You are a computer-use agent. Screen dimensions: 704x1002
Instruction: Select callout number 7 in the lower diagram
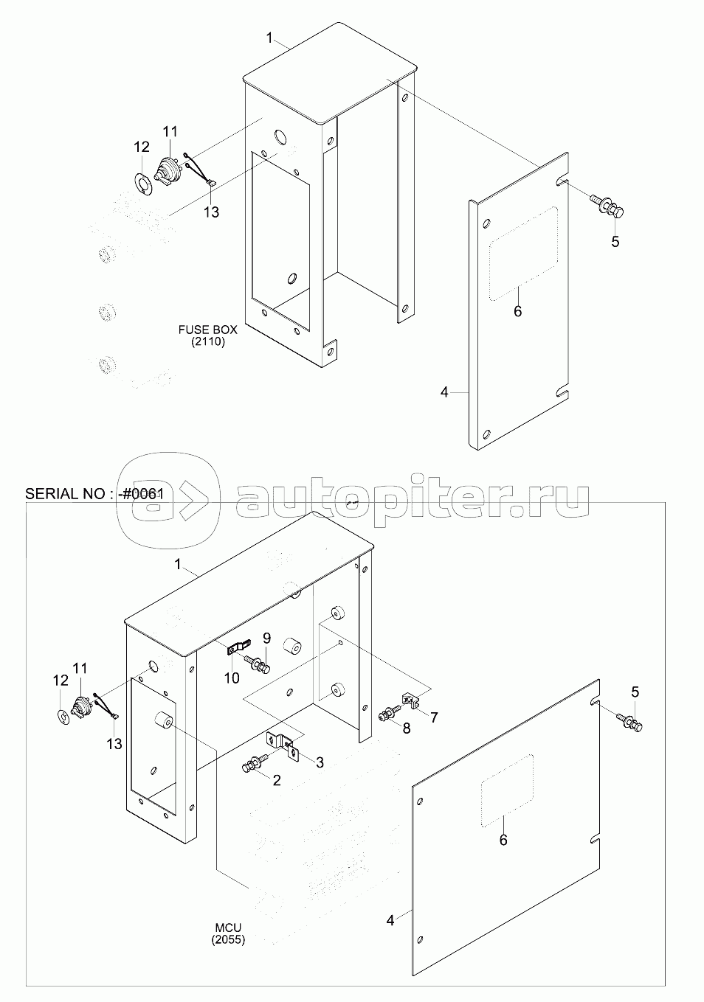pyautogui.click(x=433, y=717)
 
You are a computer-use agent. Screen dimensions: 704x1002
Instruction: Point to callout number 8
pyautogui.click(x=406, y=728)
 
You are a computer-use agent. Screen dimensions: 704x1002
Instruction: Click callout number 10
pyautogui.click(x=232, y=678)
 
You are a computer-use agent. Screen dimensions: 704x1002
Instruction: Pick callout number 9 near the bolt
pyautogui.click(x=266, y=638)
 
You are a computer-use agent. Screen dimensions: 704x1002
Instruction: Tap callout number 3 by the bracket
pyautogui.click(x=320, y=762)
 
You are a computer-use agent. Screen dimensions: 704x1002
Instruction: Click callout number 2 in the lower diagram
pyautogui.click(x=277, y=780)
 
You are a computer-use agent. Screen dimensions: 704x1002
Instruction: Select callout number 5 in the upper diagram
pyautogui.click(x=615, y=242)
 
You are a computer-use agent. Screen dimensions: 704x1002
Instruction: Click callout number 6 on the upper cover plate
pyautogui.click(x=518, y=311)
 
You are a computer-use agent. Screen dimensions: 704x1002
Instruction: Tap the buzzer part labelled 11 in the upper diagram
pyautogui.click(x=168, y=172)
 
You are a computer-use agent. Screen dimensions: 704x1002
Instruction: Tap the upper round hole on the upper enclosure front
pyautogui.click(x=280, y=137)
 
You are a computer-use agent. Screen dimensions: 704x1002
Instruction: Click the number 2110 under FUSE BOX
pyautogui.click(x=208, y=342)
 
